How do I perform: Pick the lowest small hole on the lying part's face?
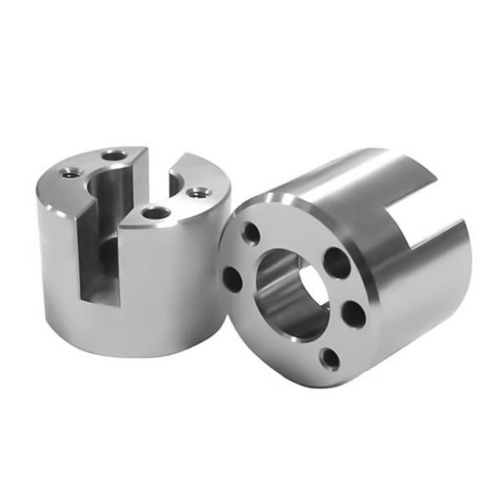click(331, 360)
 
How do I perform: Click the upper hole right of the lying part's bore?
click(337, 262)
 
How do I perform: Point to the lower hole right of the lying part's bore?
click(353, 315)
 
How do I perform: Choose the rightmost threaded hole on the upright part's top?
click(197, 193)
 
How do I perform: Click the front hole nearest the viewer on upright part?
click(154, 213)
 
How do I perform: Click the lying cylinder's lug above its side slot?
click(392, 171)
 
